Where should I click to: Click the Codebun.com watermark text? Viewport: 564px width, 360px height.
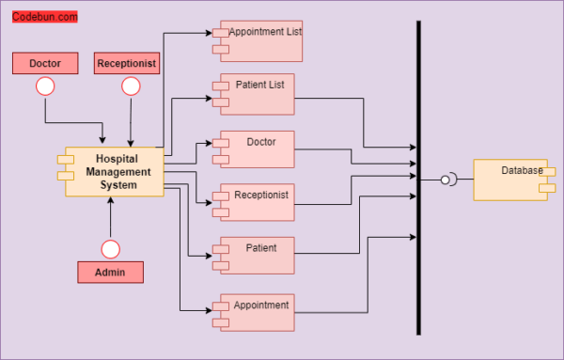(44, 17)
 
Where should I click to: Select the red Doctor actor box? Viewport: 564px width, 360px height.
(45, 63)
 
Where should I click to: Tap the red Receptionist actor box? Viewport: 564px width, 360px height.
(127, 63)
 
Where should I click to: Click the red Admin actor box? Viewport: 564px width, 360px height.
(110, 273)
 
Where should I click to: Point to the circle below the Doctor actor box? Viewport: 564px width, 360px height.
(45, 86)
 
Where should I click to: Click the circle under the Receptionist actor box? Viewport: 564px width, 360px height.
(131, 86)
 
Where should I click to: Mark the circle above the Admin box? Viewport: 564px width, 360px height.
(110, 249)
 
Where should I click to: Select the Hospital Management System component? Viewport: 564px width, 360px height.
(115, 172)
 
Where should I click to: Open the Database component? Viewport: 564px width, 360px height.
(511, 180)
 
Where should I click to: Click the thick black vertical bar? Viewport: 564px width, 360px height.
(418, 179)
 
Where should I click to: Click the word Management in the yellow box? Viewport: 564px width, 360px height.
(117, 172)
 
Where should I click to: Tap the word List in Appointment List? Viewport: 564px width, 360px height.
(289, 31)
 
